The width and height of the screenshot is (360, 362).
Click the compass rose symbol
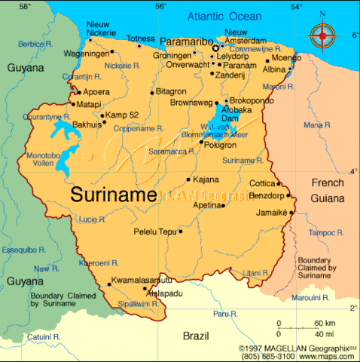click(x=322, y=33)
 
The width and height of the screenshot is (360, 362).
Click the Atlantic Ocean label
click(x=225, y=17)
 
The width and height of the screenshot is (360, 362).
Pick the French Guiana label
click(x=328, y=191)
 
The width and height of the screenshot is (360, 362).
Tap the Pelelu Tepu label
click(x=154, y=232)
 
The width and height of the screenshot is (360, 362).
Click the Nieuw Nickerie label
click(x=101, y=29)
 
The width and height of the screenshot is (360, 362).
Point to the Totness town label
click(x=141, y=38)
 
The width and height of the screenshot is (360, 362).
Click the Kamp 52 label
click(x=122, y=115)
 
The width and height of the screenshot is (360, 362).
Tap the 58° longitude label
click(x=25, y=6)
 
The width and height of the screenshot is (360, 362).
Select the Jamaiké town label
click(x=271, y=213)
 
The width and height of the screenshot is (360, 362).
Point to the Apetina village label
click(x=207, y=205)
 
